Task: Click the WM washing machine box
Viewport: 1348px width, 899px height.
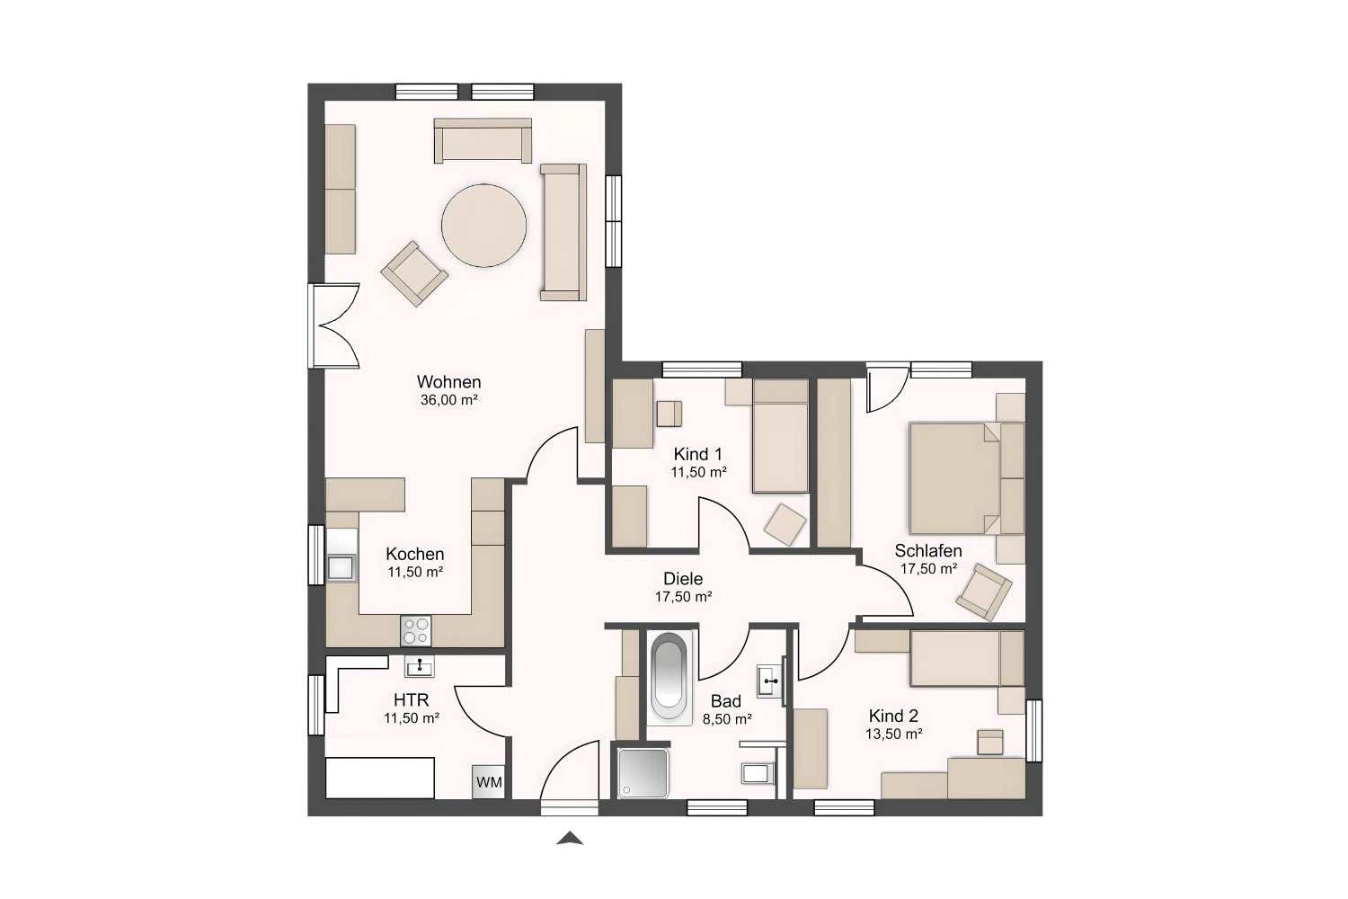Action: (x=488, y=781)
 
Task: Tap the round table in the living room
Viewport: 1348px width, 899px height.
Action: (x=483, y=226)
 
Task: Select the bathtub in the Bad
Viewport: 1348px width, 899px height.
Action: (x=670, y=675)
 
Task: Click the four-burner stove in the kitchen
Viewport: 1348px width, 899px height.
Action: (x=416, y=631)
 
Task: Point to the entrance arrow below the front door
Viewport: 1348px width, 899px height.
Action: (x=569, y=838)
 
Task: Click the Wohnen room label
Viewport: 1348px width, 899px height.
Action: (x=449, y=382)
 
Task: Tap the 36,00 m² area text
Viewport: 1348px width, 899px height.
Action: (x=449, y=400)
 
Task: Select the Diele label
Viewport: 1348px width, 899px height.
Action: (x=683, y=579)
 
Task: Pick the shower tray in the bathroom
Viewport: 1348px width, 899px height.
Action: (x=643, y=773)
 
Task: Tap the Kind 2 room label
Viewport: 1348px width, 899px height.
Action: (x=893, y=716)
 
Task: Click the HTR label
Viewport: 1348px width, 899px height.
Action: (x=412, y=699)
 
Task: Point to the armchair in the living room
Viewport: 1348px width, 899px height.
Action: (x=414, y=273)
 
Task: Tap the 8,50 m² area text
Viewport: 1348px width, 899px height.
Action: (x=727, y=719)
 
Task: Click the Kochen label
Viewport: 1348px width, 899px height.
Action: (x=415, y=554)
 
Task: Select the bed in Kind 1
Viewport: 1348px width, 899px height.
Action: (x=781, y=436)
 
